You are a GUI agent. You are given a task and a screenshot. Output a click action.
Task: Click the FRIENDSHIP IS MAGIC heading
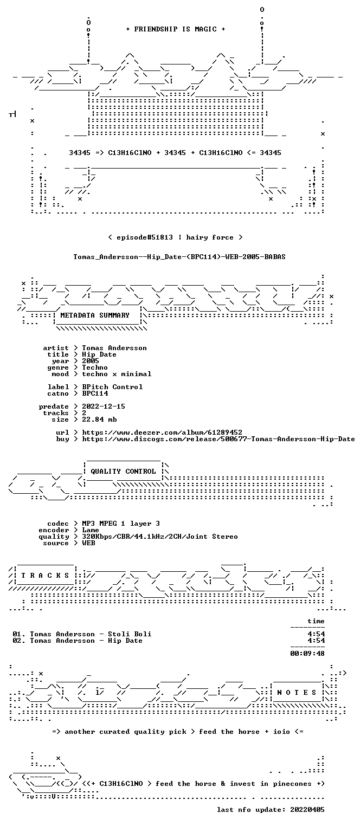pos(175,29)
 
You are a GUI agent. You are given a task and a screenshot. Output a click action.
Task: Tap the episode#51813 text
pos(145,237)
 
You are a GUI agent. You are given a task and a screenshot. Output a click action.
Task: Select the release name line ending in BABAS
pos(179,257)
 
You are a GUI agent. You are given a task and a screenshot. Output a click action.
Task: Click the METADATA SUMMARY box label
pos(95,315)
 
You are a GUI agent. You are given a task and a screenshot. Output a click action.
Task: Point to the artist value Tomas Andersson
pos(114,348)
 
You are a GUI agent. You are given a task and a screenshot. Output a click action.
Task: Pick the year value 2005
pos(91,361)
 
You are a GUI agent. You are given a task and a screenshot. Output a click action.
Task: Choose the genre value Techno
pos(95,367)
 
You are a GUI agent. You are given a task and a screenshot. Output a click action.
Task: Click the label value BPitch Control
pos(112,387)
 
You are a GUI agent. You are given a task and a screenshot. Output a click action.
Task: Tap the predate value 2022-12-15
pos(103,406)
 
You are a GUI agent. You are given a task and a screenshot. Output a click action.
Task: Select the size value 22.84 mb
pos(99,420)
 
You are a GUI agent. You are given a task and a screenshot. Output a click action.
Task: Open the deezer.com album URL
pos(162,433)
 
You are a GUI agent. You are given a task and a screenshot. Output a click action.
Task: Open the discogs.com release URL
pos(218,439)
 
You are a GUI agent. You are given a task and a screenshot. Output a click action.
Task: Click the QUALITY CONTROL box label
pos(123,472)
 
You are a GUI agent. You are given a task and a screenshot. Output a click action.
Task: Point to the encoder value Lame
pos(91,530)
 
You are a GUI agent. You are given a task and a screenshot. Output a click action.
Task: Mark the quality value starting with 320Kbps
pos(160,537)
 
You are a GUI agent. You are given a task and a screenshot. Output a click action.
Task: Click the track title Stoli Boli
pos(130,634)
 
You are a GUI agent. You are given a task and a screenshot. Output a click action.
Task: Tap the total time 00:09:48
pos(307,654)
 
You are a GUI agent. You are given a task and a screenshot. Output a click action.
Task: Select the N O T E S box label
pos(297,693)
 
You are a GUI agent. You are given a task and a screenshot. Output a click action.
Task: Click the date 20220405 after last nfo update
pos(307,810)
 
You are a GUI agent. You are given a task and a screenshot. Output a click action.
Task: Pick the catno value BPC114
pos(95,394)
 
